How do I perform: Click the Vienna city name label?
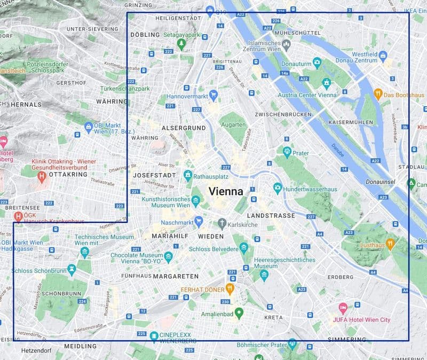(x=225, y=191)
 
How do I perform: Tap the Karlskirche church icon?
(x=222, y=224)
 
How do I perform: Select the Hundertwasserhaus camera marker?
(x=278, y=188)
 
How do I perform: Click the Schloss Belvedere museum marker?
(x=244, y=247)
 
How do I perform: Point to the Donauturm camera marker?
(x=317, y=64)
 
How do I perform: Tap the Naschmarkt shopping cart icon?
(x=199, y=221)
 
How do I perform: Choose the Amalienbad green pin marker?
(x=239, y=313)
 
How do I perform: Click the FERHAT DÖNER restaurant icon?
(x=230, y=289)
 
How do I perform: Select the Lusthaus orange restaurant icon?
(x=391, y=244)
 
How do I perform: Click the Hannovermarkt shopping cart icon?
(x=213, y=96)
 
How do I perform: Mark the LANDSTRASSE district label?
(x=271, y=215)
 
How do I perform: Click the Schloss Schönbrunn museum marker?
(x=72, y=270)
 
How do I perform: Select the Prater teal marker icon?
(x=287, y=153)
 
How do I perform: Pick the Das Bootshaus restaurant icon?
(x=378, y=95)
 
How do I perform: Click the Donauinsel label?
(x=380, y=182)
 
